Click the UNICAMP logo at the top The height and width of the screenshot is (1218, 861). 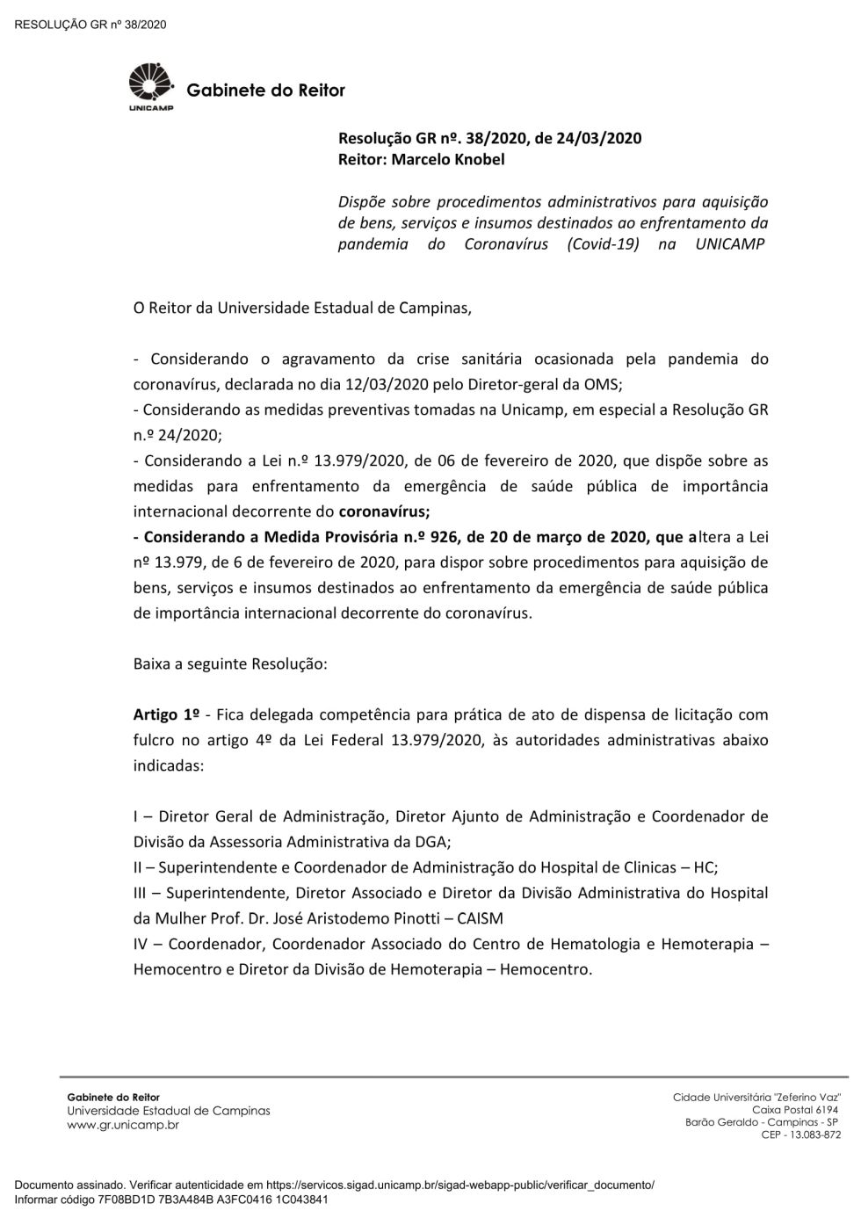[x=151, y=88]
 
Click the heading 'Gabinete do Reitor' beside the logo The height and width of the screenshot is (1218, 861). [x=265, y=91]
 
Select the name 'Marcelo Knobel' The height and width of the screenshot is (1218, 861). [x=448, y=160]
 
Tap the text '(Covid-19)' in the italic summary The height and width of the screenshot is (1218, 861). [x=604, y=243]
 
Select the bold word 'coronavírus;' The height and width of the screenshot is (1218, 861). [x=384, y=511]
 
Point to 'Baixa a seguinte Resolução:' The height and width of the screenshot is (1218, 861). [x=230, y=663]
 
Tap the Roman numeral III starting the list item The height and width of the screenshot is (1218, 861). [x=144, y=893]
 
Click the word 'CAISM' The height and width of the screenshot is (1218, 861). [x=481, y=918]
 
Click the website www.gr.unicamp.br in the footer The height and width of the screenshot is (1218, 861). [x=123, y=1125]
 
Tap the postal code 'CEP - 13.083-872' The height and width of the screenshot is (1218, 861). [x=800, y=1135]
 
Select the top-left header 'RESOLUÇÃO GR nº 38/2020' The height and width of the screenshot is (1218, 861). [x=90, y=25]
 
